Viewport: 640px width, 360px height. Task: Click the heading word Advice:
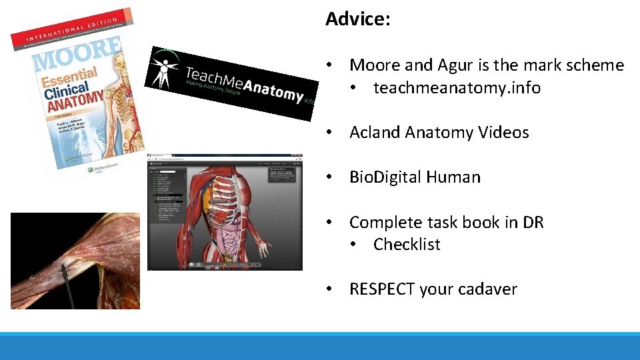click(357, 19)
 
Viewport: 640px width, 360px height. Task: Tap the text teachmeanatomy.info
click(457, 88)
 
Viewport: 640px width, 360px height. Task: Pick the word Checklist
click(407, 245)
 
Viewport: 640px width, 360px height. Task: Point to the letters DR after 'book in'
click(533, 222)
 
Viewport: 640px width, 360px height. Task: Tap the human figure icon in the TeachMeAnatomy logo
click(163, 70)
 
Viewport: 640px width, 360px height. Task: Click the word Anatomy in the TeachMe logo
click(273, 89)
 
